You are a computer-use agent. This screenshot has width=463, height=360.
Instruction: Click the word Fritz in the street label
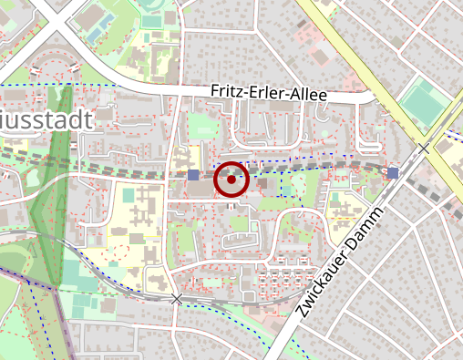tap(227, 91)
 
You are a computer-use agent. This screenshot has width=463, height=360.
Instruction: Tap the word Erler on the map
tap(263, 93)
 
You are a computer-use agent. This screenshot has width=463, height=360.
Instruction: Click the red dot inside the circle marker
tap(231, 180)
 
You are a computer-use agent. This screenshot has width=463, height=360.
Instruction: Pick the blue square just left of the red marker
tap(193, 174)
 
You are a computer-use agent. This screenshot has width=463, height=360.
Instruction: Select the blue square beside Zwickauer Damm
tap(393, 172)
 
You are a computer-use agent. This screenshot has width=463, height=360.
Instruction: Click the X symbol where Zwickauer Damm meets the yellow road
tap(424, 148)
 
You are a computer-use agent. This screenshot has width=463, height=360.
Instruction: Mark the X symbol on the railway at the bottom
tap(177, 299)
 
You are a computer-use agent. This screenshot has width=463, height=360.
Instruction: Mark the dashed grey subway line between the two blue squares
tap(310, 168)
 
